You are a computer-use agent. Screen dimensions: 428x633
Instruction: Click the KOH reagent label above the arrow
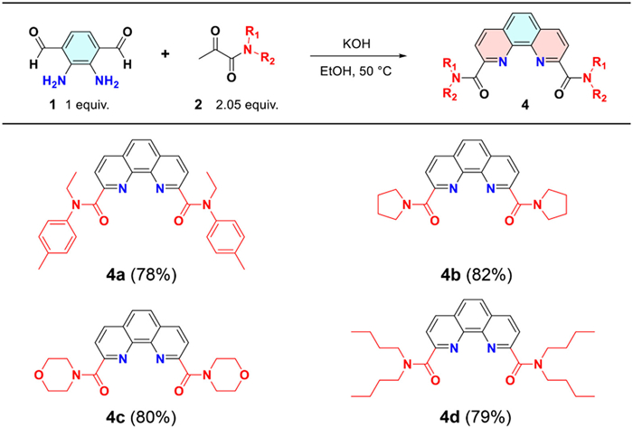click(x=359, y=41)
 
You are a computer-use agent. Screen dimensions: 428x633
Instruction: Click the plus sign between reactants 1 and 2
click(x=165, y=52)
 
